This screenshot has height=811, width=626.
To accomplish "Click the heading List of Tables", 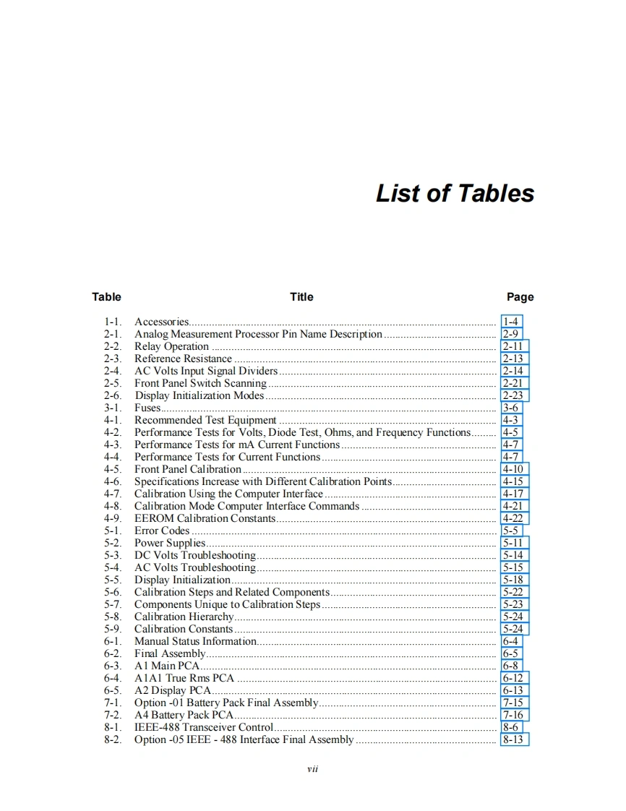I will (455, 193).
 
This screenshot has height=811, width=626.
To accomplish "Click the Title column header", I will (301, 296).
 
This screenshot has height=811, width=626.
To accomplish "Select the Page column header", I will (520, 296).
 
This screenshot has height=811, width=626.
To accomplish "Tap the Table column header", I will (106, 296).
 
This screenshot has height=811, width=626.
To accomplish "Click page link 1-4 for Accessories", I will (510, 322).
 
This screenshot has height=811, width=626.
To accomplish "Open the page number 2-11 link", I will (513, 346).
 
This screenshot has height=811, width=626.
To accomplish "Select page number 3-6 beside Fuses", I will (510, 408).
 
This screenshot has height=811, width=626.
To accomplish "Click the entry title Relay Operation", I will (171, 346).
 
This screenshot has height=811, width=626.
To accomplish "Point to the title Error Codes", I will (162, 531).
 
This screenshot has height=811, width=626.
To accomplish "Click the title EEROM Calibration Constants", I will (205, 518).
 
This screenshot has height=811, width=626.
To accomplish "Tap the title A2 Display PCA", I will (173, 690).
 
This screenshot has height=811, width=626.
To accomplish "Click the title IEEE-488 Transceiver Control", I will (204, 727).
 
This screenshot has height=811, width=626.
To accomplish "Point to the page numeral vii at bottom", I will (312, 768).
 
